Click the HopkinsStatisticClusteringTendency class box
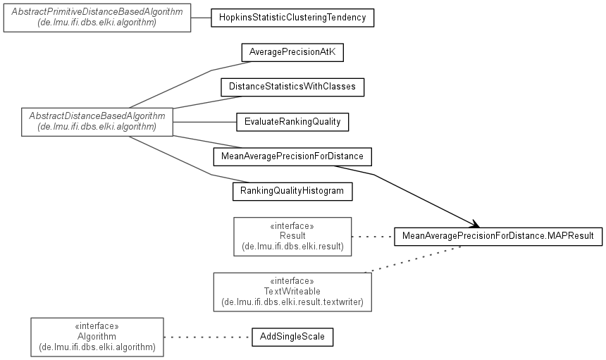[292, 18]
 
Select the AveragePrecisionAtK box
[292, 52]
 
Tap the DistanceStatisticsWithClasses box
[292, 87]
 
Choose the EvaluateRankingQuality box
[292, 121]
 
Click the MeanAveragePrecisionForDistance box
[292, 156]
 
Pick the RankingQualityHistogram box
[292, 190]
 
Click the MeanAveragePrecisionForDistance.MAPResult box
[498, 237]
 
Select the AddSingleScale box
[292, 337]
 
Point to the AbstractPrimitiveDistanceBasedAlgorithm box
[97, 18]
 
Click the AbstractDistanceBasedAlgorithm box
[97, 121]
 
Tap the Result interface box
[292, 236]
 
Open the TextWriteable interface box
[292, 292]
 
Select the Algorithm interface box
[97, 337]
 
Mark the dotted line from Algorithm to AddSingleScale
[208, 337]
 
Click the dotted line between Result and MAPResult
[373, 237]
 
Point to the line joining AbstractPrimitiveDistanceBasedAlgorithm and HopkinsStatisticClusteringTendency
[202, 18]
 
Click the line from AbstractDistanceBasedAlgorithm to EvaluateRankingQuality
[204, 121]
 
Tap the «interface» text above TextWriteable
[292, 280]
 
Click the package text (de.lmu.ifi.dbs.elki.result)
[292, 247]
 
